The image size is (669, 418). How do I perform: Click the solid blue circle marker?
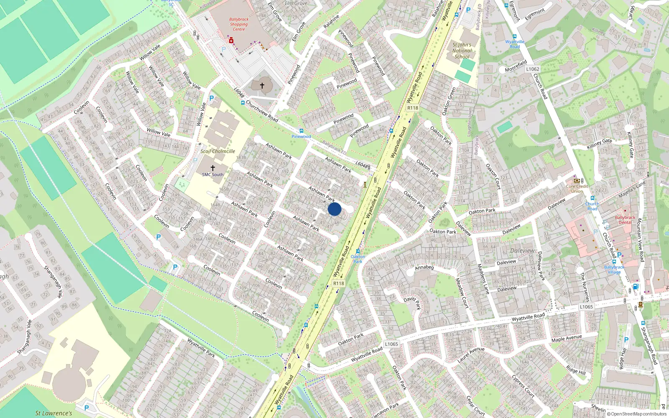coord(334,209)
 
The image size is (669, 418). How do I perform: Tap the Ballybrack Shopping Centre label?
coord(239,24)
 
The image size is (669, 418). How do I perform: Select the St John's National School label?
coord(462,51)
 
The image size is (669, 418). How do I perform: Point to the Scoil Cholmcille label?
coord(217,151)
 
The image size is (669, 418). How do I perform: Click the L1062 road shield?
coord(532,69)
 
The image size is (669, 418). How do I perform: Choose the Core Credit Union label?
coord(577,189)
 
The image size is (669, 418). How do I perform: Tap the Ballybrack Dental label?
coord(625,220)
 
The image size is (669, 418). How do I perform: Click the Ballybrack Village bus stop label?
coord(614,270)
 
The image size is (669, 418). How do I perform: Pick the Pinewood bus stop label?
coord(301,137)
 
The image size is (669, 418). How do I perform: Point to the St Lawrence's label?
coord(54,413)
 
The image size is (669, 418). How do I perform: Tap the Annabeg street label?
coord(424,267)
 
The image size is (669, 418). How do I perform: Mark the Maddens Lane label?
coord(483,279)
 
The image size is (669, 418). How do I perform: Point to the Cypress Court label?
coord(523,385)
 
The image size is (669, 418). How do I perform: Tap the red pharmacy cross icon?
coord(231,41)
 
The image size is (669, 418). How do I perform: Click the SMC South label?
coord(212,175)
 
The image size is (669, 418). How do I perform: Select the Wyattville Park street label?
coord(201,348)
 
